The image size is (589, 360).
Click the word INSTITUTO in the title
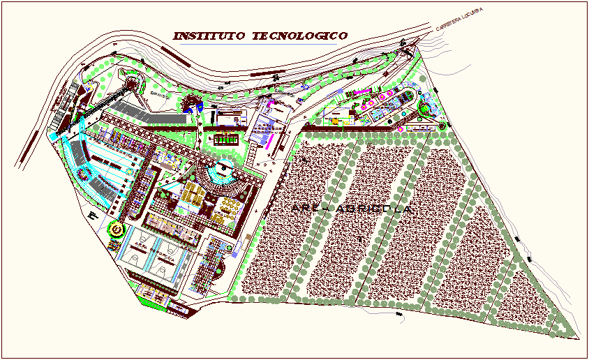tap(209, 36)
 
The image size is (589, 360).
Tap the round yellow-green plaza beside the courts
tap(116, 228)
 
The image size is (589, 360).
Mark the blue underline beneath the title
tap(255, 45)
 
